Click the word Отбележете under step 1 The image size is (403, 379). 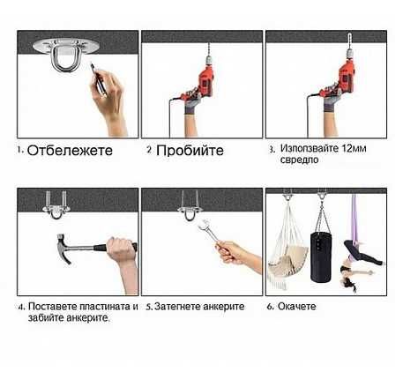tap(70, 151)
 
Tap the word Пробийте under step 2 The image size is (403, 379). tap(190, 151)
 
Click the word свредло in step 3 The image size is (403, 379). tap(299, 160)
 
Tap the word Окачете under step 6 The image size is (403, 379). tap(296, 307)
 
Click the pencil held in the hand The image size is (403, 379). tap(98, 79)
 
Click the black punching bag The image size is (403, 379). tap(321, 256)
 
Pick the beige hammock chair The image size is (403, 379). tap(287, 256)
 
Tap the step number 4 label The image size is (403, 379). tap(21, 307)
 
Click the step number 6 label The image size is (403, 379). tap(270, 307)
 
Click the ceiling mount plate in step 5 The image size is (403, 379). tap(190, 210)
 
